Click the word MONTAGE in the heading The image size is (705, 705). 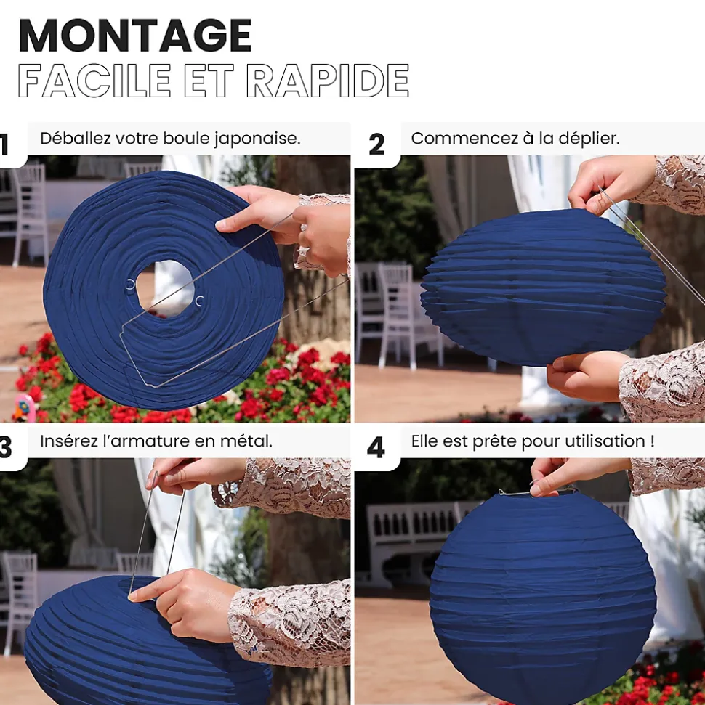coord(135,36)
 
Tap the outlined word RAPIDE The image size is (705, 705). coord(328,81)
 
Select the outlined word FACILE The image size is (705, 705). coord(94,81)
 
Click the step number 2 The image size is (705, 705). coord(376,144)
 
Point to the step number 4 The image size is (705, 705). coord(376,447)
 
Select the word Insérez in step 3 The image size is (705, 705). coord(68,441)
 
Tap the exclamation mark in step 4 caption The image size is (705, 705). coord(653,441)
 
